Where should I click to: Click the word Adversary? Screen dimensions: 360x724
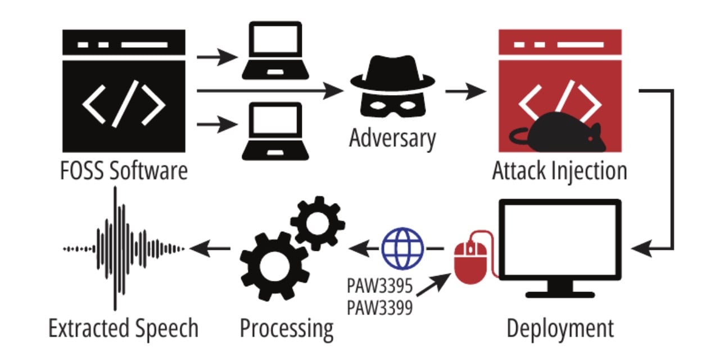click(x=392, y=138)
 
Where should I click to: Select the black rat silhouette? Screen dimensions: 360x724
click(x=562, y=133)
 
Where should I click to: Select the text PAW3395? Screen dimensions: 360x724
click(x=379, y=287)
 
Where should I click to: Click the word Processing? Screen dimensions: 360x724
click(x=286, y=328)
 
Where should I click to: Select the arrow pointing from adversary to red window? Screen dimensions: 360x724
click(x=464, y=91)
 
